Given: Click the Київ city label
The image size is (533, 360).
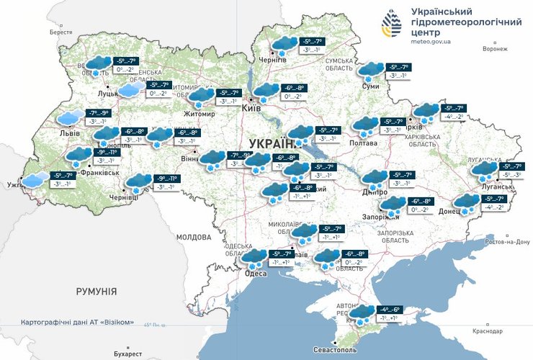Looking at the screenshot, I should point(251,107).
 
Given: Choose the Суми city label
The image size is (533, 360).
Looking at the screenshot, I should point(370,86).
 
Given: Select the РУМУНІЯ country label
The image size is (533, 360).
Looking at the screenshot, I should point(96,291).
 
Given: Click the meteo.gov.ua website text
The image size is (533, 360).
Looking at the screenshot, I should point(430,42).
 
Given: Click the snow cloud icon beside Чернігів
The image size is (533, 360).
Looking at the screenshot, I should point(284,45).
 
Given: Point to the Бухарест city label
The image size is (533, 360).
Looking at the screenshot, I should point(128,354).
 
